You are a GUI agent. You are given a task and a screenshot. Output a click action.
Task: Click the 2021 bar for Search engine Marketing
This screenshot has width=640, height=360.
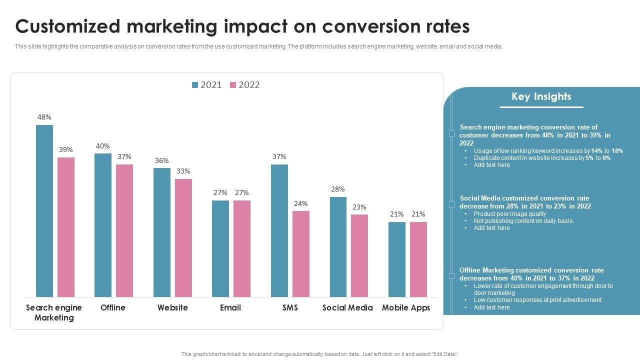[x=44, y=211]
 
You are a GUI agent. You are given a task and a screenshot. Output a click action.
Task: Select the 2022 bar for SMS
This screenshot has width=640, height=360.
[x=301, y=254]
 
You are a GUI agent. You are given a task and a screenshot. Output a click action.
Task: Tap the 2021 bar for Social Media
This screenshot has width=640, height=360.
[x=338, y=247]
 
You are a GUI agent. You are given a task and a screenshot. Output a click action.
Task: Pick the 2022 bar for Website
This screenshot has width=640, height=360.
[x=183, y=238]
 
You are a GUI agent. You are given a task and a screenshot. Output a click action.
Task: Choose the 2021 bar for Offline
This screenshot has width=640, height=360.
[x=103, y=225]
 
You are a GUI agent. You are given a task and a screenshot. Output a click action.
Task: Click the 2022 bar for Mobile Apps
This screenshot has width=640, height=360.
[x=418, y=259]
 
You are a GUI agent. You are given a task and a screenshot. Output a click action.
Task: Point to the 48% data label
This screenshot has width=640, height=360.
[x=44, y=117]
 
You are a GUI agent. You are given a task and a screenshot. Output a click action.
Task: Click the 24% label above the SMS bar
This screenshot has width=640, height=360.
[x=301, y=203]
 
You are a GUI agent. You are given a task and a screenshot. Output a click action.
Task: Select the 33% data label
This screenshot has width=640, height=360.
[x=183, y=171]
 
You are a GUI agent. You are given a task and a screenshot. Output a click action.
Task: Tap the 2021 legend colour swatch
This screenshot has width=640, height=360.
[x=195, y=85]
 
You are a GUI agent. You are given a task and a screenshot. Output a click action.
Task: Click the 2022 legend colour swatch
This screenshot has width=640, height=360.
[x=233, y=85]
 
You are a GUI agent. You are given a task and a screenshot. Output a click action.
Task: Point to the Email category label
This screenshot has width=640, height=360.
[x=230, y=307]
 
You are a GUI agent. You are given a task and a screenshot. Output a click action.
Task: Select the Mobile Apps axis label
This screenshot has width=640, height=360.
[x=406, y=307]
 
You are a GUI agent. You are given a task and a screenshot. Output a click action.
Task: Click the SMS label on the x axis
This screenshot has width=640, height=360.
[x=290, y=307]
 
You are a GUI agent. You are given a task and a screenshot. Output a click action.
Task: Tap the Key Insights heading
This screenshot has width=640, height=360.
[x=541, y=96]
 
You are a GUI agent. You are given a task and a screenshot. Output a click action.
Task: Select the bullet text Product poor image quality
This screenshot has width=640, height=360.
[x=510, y=214]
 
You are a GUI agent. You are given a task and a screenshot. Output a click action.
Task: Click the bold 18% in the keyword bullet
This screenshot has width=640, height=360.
[x=617, y=151]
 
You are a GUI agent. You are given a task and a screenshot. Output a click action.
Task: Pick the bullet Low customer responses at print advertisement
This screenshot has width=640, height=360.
[x=537, y=300]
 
